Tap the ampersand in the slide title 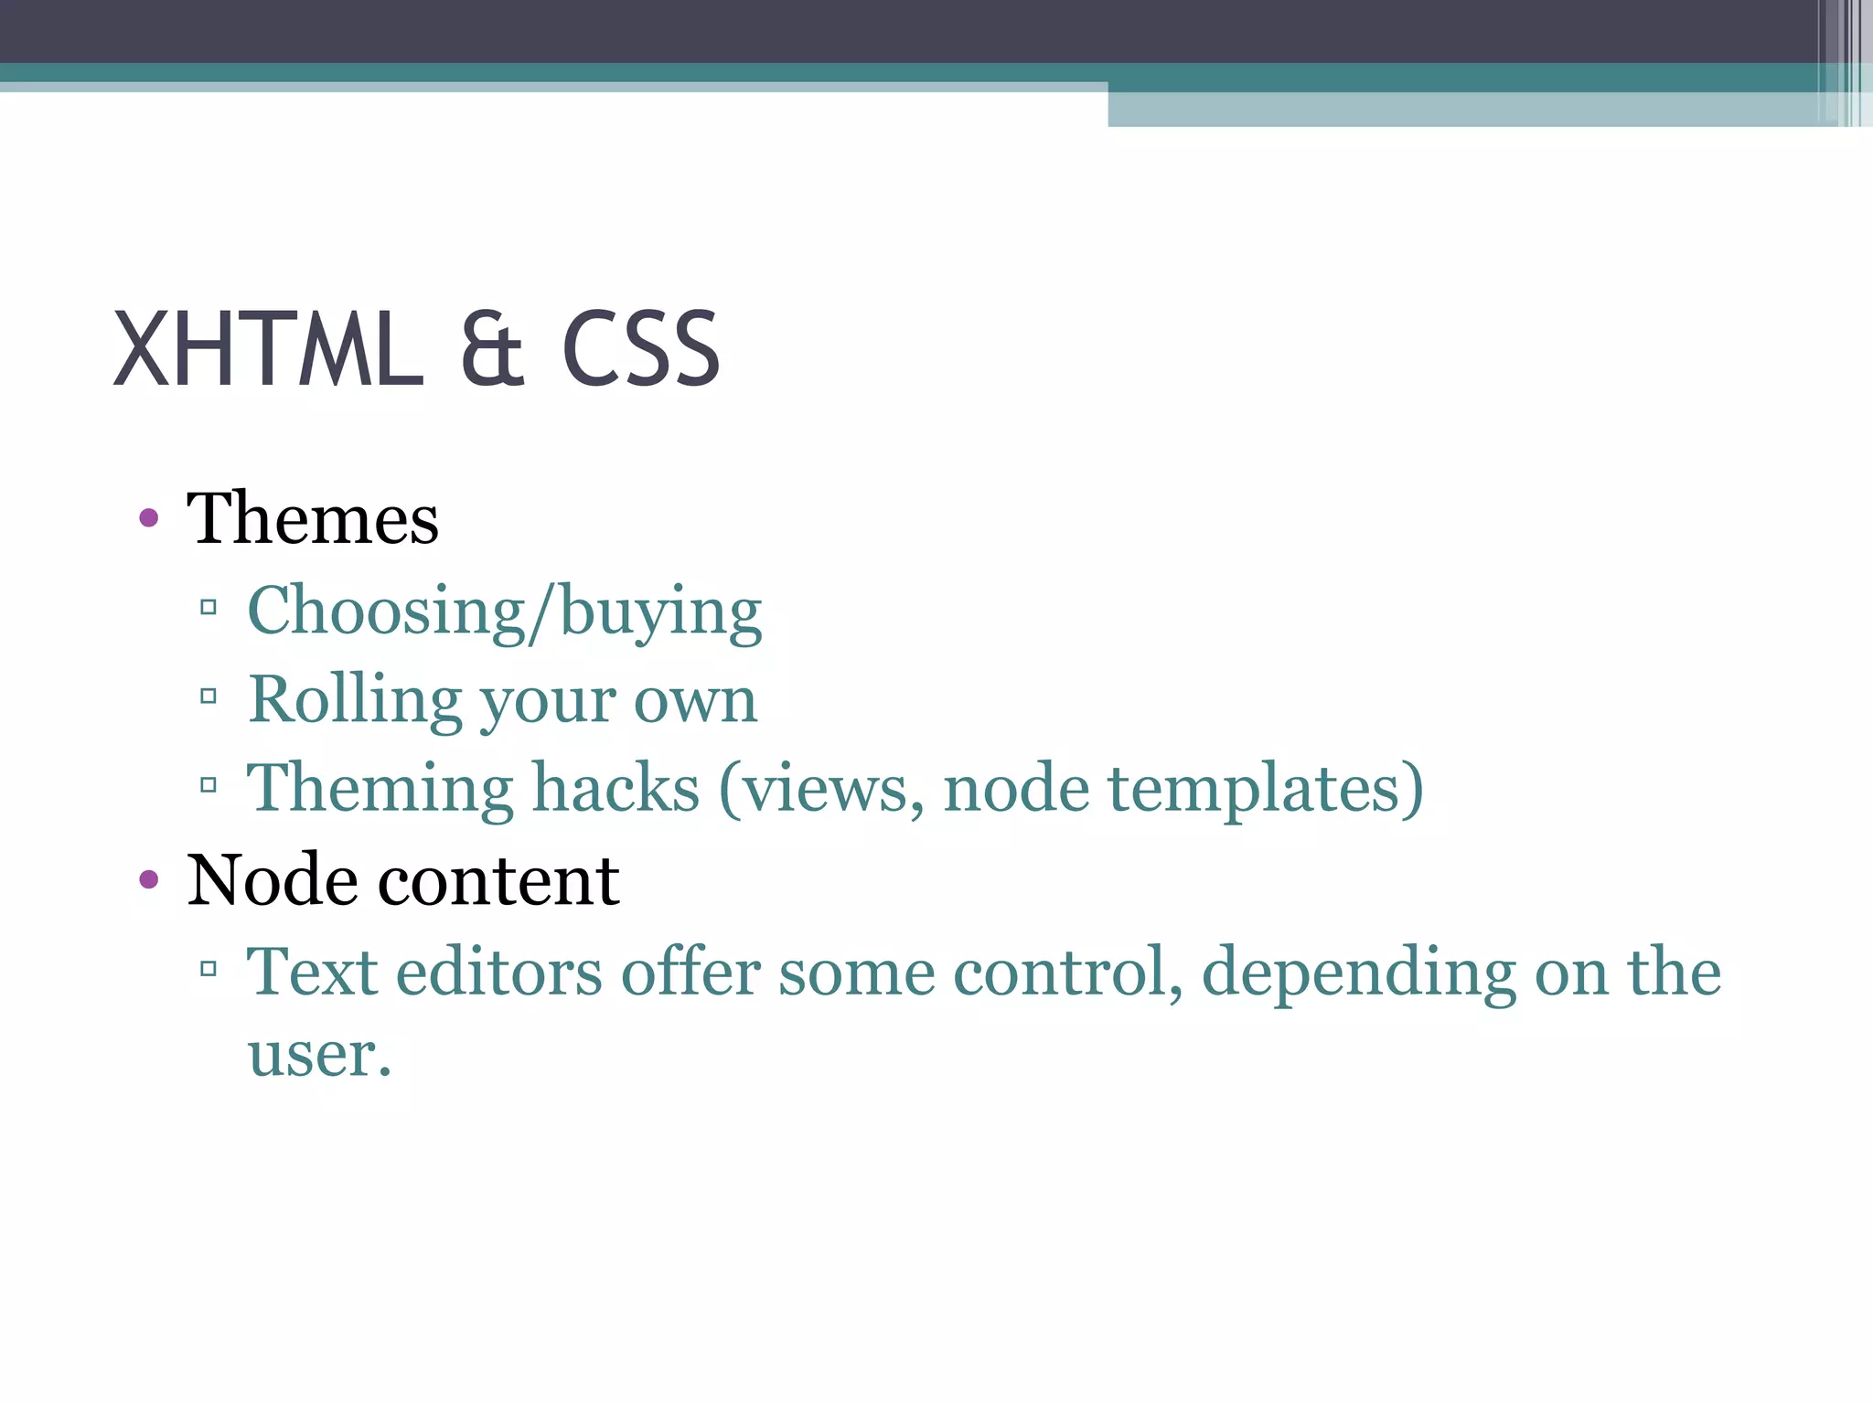point(492,349)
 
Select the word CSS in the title point(640,349)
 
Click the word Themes point(313,519)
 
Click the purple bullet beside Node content point(149,880)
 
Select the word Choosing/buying point(505,612)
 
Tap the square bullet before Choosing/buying point(209,607)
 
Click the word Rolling point(355,701)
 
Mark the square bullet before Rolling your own point(209,697)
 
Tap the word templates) point(1266,788)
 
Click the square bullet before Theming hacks point(209,784)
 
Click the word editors point(498,972)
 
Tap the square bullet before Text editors point(209,968)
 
